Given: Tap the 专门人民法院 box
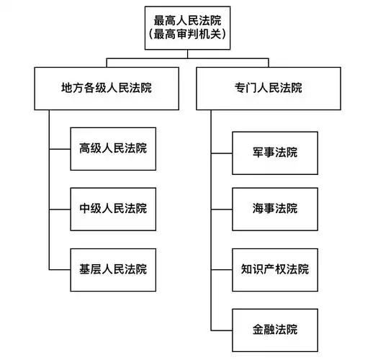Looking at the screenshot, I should [269, 88].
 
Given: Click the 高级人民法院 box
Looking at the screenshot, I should [113, 148].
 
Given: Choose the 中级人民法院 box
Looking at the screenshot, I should [113, 209].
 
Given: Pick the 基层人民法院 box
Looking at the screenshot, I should [113, 269].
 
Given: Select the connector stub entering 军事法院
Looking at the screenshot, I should [221, 153].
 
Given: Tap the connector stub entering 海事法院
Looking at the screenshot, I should [221, 209].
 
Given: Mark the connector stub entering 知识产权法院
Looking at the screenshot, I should [221, 269].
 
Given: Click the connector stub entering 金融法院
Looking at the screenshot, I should [221, 330].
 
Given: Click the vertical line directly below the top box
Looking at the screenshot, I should [189, 53].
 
